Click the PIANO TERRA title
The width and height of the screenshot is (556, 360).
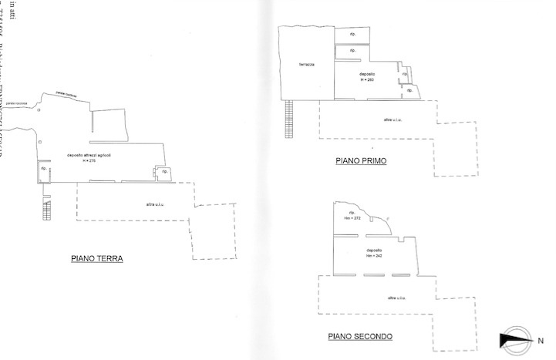tap(97, 259)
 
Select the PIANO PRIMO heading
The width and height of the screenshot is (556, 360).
tap(361, 161)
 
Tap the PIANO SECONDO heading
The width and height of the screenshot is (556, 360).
tap(360, 336)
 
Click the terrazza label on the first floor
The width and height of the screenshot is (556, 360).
tap(306, 65)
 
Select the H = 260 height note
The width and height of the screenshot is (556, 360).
tap(366, 80)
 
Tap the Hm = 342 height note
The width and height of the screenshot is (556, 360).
tap(375, 256)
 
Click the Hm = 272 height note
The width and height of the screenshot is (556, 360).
tap(352, 218)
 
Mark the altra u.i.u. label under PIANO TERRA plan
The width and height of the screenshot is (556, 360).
tap(155, 204)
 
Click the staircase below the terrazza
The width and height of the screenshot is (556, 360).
tap(290, 119)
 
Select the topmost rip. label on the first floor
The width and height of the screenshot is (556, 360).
tap(352, 35)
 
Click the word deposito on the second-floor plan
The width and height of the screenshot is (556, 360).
tap(376, 251)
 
